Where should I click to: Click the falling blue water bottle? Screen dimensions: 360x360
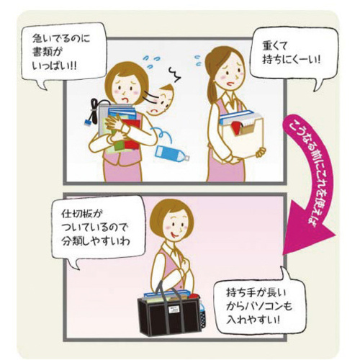click(x=172, y=153)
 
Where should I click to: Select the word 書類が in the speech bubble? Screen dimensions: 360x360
click(x=47, y=52)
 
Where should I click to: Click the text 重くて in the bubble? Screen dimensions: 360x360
click(x=274, y=45)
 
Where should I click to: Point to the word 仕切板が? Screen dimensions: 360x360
click(x=81, y=214)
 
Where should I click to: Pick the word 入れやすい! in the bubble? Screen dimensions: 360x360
click(x=253, y=320)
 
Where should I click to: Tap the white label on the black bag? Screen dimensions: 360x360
click(x=173, y=310)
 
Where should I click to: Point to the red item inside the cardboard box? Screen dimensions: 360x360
click(x=236, y=128)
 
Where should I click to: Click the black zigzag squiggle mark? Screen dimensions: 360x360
click(x=174, y=73)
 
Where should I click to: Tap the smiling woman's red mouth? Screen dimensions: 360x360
click(x=174, y=235)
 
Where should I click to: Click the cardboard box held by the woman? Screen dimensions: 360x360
click(x=241, y=139)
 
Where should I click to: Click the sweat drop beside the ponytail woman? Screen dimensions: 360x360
click(x=198, y=60)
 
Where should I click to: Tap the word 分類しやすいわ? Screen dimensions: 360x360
click(x=95, y=240)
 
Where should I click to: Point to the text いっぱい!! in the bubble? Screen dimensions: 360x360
click(x=55, y=66)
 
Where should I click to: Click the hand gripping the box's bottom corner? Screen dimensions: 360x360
click(x=261, y=152)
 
